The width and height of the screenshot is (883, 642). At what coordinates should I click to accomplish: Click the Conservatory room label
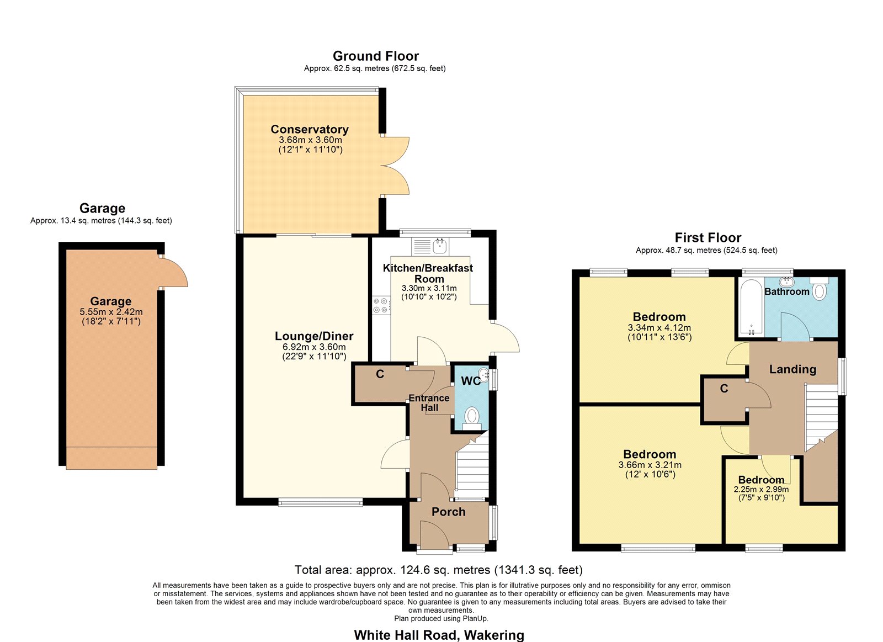tap(310, 129)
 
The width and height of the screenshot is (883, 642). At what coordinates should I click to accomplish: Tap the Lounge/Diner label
tap(314, 336)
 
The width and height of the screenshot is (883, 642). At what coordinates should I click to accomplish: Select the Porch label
tap(449, 512)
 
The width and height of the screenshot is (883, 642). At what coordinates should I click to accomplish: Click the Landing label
tap(792, 369)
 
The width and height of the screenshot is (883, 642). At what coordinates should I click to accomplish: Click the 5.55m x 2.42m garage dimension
tap(111, 311)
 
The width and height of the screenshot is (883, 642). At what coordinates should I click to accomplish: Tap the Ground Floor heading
tap(376, 56)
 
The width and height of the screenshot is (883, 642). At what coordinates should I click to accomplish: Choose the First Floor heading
tap(708, 238)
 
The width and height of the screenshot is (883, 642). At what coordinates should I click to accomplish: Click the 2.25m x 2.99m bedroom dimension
tap(761, 490)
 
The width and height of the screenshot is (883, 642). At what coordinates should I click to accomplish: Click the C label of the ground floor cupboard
tap(380, 374)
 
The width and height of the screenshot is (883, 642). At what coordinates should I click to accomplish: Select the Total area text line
tap(439, 570)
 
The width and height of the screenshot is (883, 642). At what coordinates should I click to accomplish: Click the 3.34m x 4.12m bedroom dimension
tap(659, 327)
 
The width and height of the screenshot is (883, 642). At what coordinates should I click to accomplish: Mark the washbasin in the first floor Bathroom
tap(787, 282)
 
